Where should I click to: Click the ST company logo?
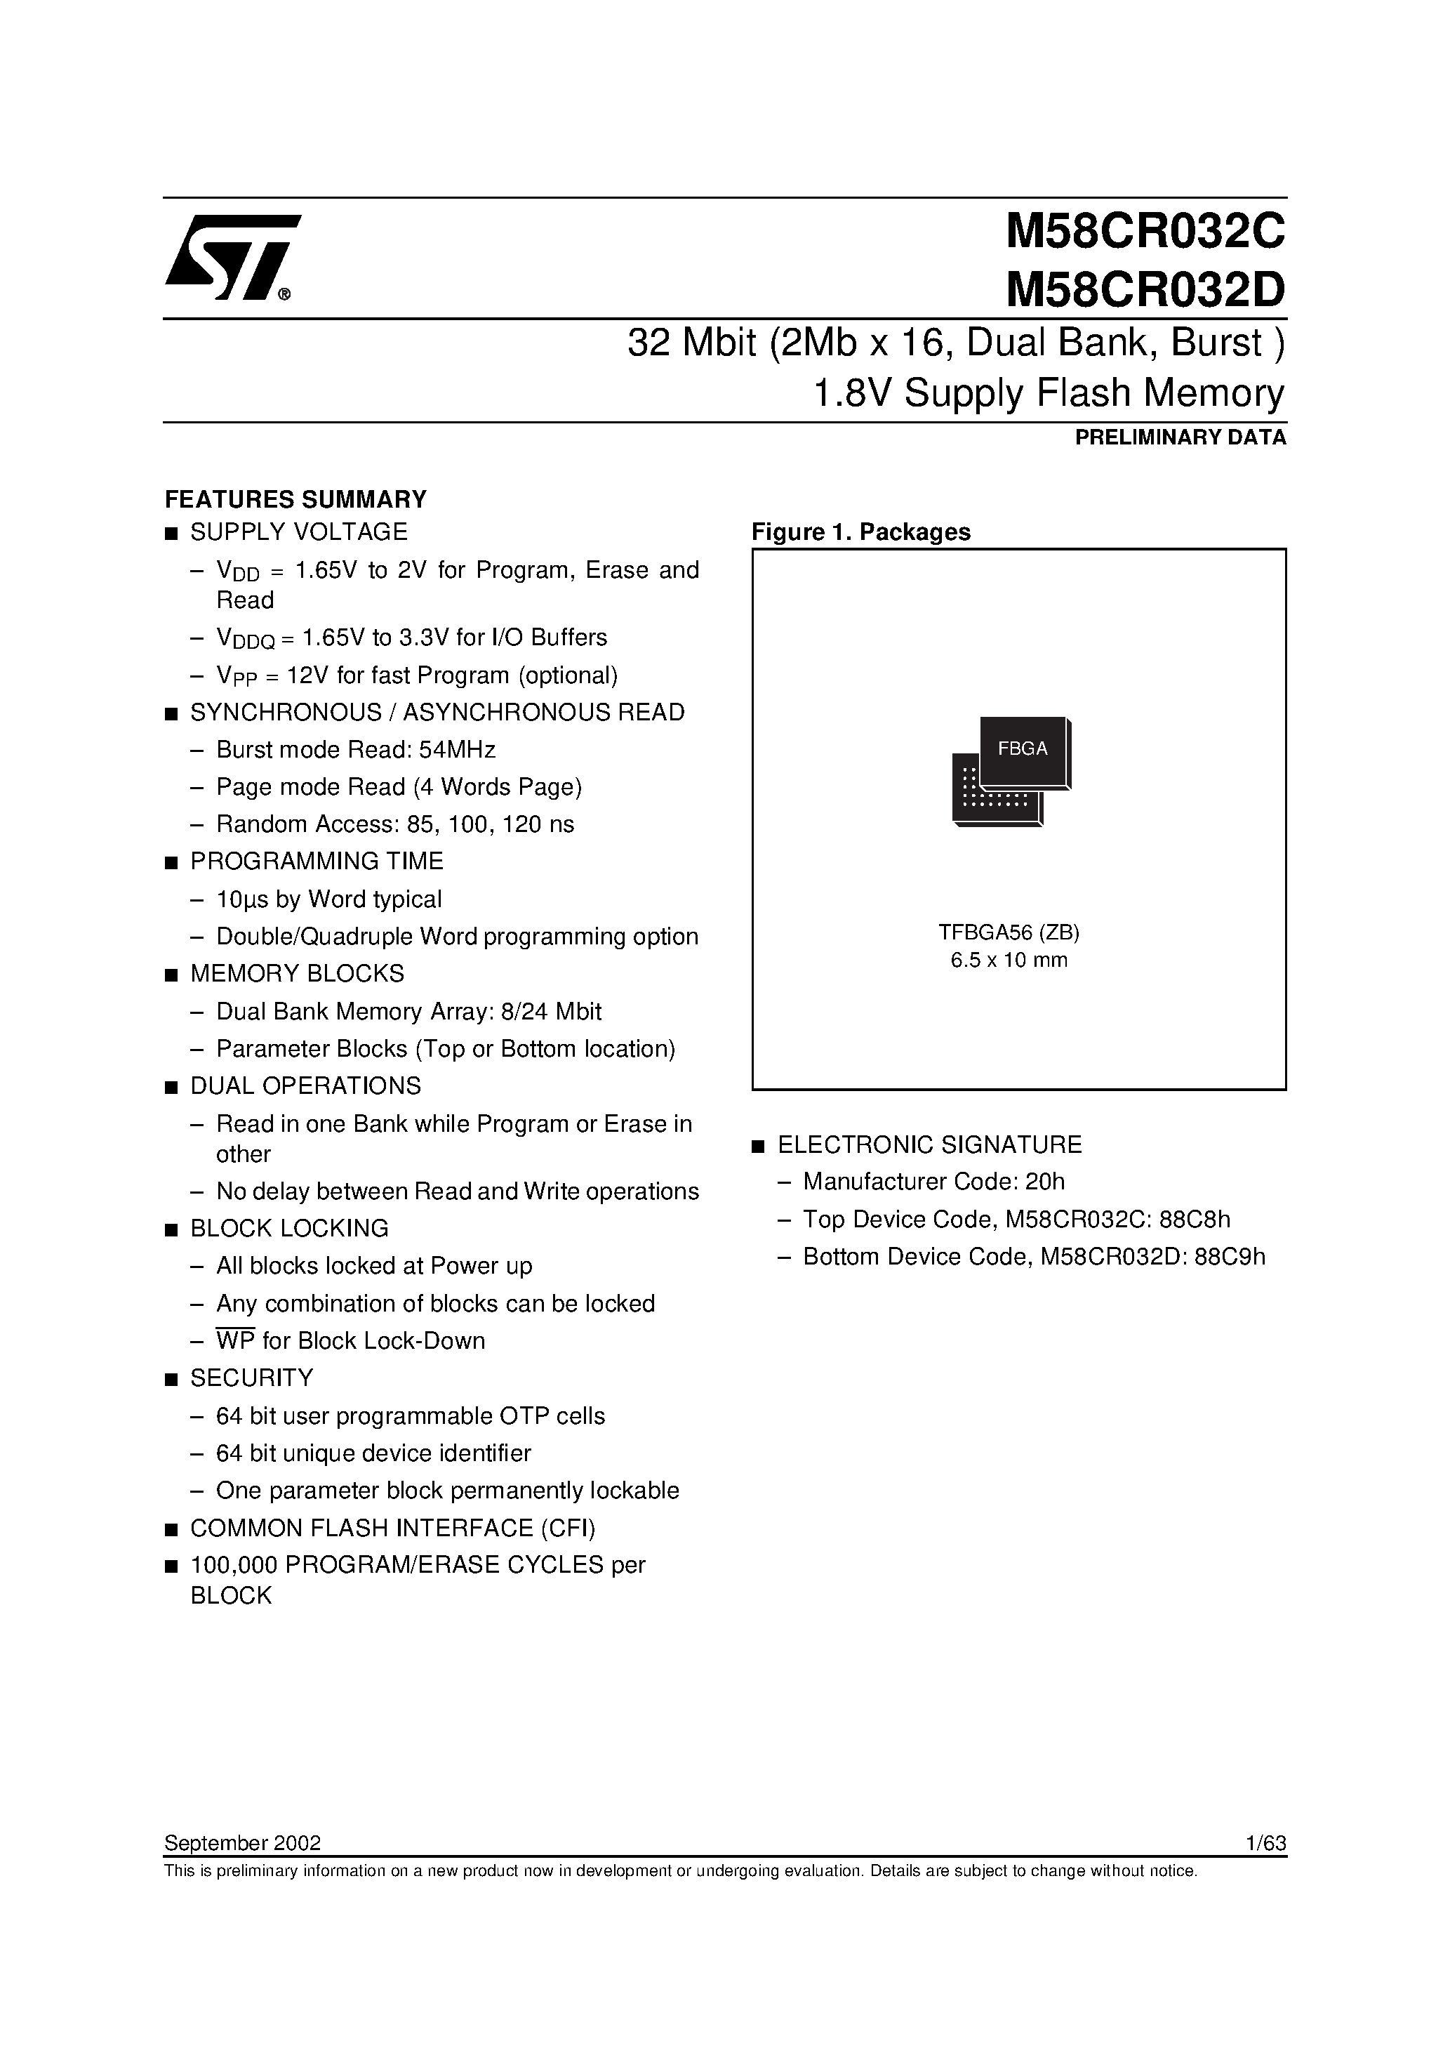[x=231, y=257]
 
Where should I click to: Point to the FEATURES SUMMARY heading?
[x=296, y=499]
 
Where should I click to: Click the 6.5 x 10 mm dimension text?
[x=1009, y=961]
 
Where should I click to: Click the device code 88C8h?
[x=1192, y=1220]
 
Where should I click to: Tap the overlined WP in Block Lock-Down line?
[x=235, y=1341]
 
